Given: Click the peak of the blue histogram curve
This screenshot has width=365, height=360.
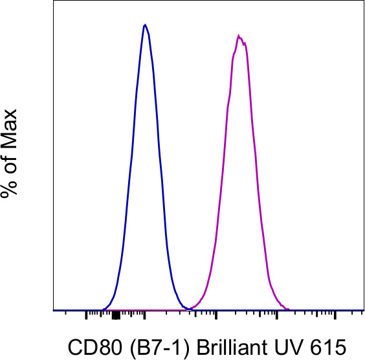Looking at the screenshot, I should click(145, 25).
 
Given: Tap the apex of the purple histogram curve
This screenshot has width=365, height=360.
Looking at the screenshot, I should click(239, 36).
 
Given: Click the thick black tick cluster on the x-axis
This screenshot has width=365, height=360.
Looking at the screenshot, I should click(116, 315).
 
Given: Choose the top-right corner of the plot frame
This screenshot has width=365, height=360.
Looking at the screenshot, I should click(362, 1).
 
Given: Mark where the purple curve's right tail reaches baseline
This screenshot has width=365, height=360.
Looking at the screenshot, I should click(291, 309).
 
